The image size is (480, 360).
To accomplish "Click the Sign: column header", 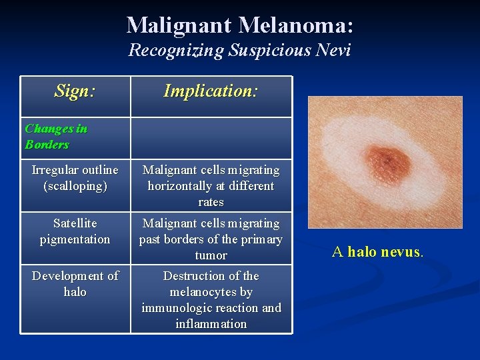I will (x=75, y=91).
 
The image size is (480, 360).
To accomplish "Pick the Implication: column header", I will (x=211, y=91).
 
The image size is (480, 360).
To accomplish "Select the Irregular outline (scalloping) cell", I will (x=75, y=178).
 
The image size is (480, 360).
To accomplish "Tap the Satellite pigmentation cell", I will (x=75, y=231).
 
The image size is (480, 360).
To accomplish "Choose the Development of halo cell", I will (x=75, y=283).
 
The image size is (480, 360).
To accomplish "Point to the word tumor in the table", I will (x=211, y=255).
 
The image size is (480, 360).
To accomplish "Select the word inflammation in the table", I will (x=211, y=324).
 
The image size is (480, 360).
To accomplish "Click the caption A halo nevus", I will (x=377, y=251).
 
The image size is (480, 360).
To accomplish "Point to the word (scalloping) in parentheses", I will (x=75, y=186).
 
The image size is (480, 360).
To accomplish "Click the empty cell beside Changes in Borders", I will (x=211, y=137).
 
